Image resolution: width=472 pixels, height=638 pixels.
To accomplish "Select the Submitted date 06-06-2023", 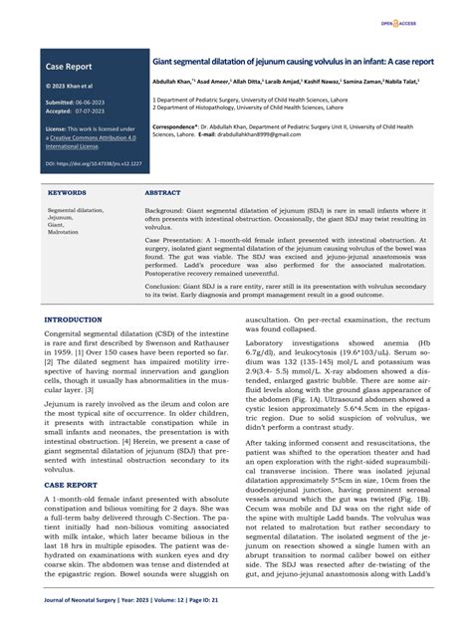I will [x=96, y=103].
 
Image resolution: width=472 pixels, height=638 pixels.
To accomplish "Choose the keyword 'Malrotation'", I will [x=63, y=230].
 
